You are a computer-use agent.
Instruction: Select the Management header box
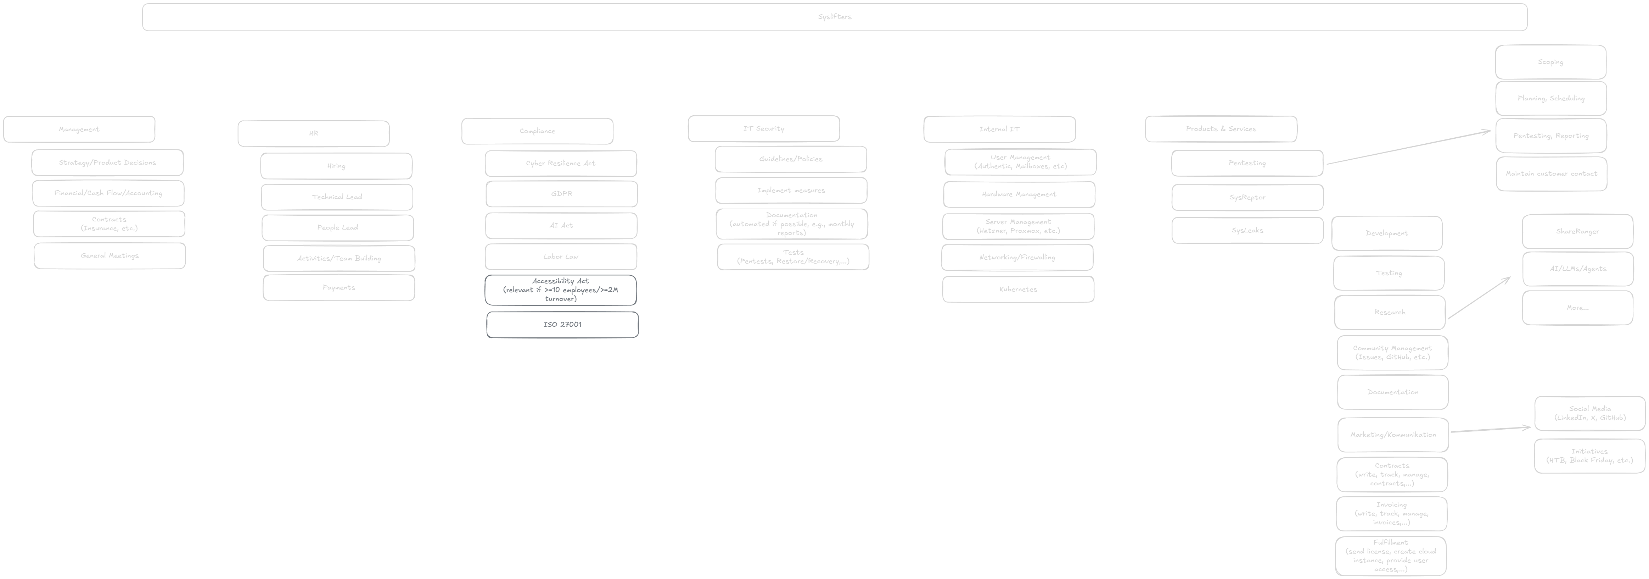click(x=79, y=129)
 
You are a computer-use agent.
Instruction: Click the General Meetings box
click(x=110, y=255)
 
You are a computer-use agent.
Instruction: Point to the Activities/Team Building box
click(x=339, y=259)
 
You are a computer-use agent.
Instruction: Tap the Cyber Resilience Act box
click(x=561, y=163)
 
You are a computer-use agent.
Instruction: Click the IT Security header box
click(x=764, y=129)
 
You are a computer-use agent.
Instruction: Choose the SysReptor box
click(x=1247, y=197)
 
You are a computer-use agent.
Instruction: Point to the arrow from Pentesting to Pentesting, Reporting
click(x=1408, y=148)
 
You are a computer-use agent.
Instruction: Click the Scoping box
click(x=1550, y=62)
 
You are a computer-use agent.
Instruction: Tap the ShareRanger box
click(x=1577, y=231)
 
